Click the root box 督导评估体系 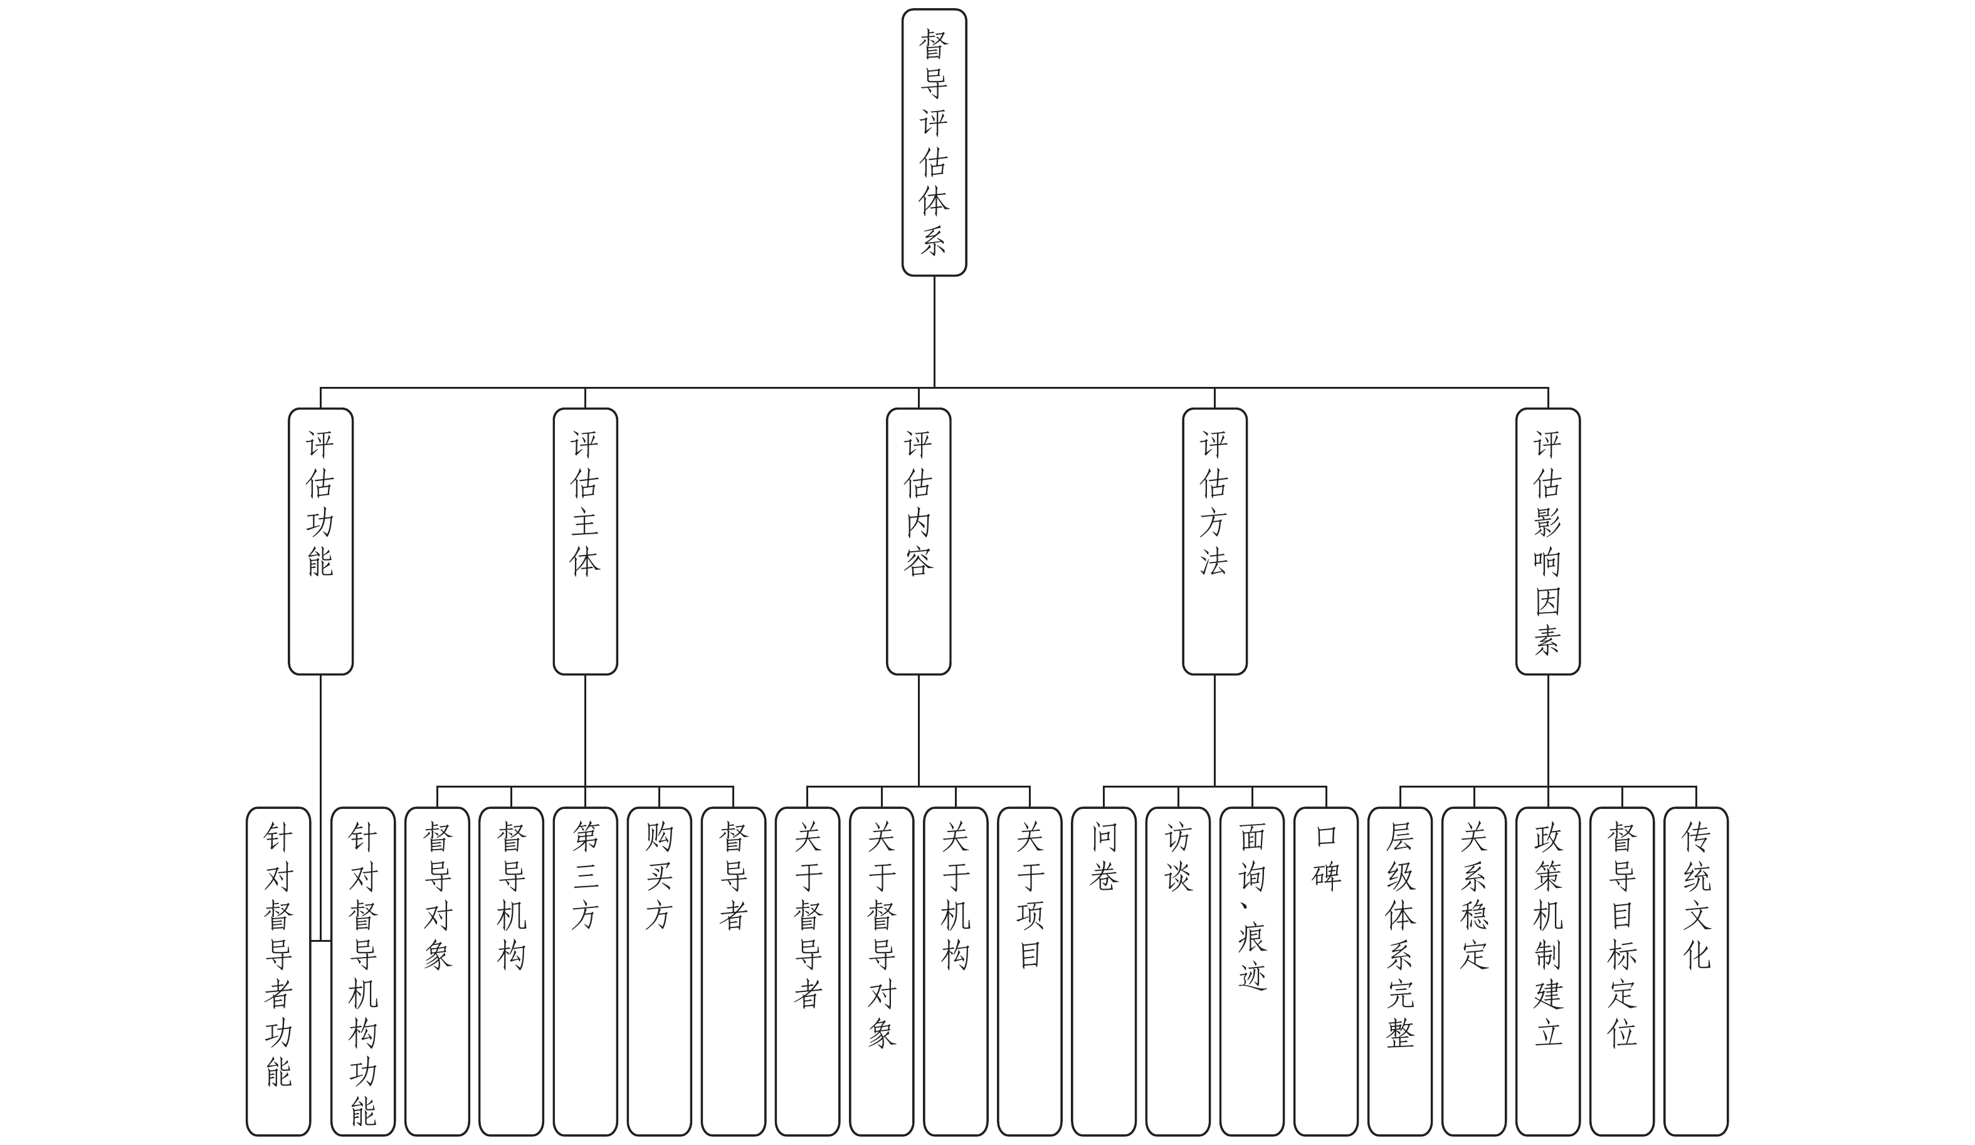pyautogui.click(x=934, y=142)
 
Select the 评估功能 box pyautogui.click(x=320, y=541)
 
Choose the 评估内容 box pyautogui.click(x=918, y=541)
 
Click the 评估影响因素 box pyautogui.click(x=1547, y=541)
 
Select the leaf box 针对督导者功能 pyautogui.click(x=278, y=971)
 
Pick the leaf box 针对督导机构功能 pyautogui.click(x=363, y=971)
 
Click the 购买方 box pyautogui.click(x=659, y=971)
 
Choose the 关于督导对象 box pyautogui.click(x=881, y=971)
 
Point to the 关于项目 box pyautogui.click(x=1029, y=971)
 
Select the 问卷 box pyautogui.click(x=1103, y=971)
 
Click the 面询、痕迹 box pyautogui.click(x=1251, y=971)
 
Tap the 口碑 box pyautogui.click(x=1325, y=971)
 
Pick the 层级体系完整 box pyautogui.click(x=1399, y=971)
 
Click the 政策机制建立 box pyautogui.click(x=1547, y=971)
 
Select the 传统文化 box pyautogui.click(x=1695, y=971)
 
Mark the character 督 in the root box pyautogui.click(x=934, y=45)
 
